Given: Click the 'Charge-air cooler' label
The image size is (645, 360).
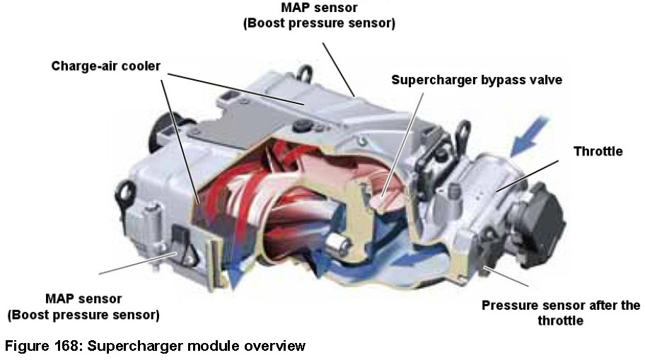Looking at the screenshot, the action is [105, 66].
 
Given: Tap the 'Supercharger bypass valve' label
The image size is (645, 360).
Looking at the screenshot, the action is [477, 80].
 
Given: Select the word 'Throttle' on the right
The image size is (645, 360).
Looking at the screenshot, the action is [598, 151].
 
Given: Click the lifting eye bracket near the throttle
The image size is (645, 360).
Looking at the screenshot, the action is [464, 135].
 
